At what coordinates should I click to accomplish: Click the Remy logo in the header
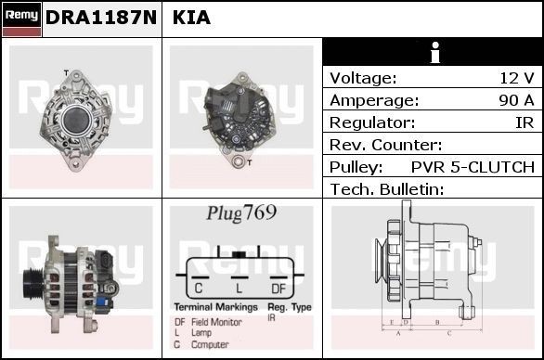pyautogui.click(x=21, y=19)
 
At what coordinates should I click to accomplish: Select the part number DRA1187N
pyautogui.click(x=101, y=18)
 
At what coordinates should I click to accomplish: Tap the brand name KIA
pyautogui.click(x=191, y=18)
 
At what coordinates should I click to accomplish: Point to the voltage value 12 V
pyautogui.click(x=516, y=78)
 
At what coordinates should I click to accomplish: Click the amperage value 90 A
pyautogui.click(x=516, y=100)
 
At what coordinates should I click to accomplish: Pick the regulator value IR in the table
pyautogui.click(x=525, y=122)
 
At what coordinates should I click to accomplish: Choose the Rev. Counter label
pyautogui.click(x=386, y=145)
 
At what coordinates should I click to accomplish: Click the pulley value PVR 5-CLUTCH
pyautogui.click(x=473, y=167)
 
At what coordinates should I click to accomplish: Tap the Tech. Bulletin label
pyautogui.click(x=387, y=189)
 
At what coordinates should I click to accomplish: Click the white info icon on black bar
pyautogui.click(x=435, y=52)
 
